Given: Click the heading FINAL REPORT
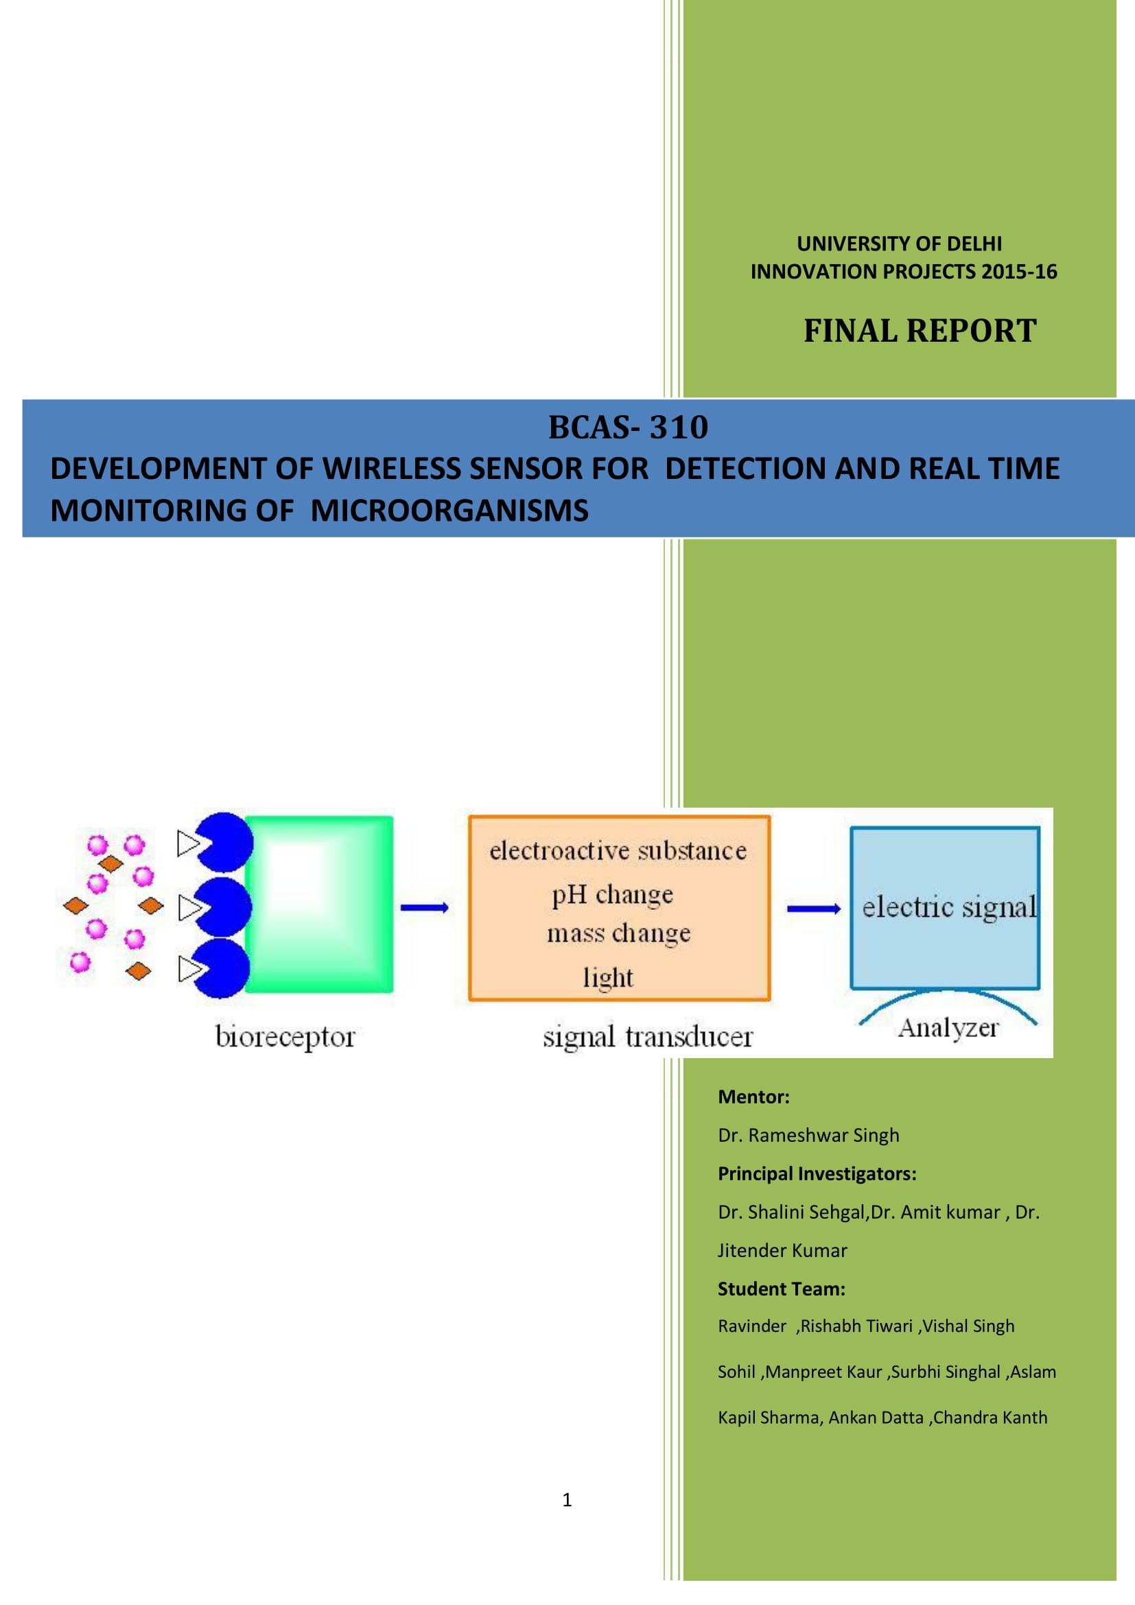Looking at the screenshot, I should (919, 331).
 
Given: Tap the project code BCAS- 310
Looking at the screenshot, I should (628, 427).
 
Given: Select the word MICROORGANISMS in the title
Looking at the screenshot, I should (449, 511).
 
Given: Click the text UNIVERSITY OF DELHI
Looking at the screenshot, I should (899, 244).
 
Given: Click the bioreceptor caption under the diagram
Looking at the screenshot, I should (285, 1037).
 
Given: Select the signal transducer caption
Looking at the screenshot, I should (648, 1037).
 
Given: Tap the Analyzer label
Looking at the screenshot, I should (948, 1028).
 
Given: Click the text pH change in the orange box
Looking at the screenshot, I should (612, 895).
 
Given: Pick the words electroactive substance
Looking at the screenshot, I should (618, 851).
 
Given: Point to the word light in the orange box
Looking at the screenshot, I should (608, 976).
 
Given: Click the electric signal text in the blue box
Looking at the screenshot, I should (948, 907).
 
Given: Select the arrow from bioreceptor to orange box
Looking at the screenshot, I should (424, 907).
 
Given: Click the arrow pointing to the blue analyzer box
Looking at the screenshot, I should (812, 908).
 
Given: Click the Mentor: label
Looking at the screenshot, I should (753, 1097).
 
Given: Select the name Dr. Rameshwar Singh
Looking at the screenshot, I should (808, 1135).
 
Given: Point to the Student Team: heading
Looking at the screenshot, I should (782, 1289).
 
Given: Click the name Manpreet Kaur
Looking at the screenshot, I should (826, 1372).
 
